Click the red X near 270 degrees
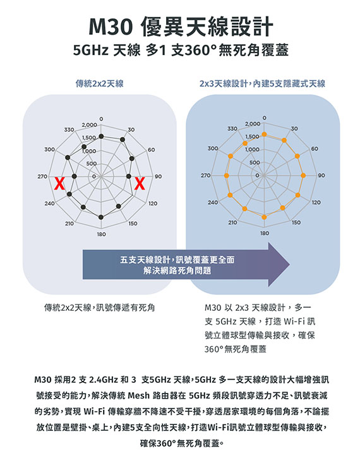coord(59,183)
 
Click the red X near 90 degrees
coord(140,183)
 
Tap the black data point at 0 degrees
coord(101,136)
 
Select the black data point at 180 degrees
coord(101,217)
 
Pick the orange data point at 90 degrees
coord(303,176)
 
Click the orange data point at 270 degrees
coord(226,176)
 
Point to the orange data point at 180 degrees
coord(264,217)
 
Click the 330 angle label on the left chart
coord(69,130)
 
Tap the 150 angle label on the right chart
coord(296,222)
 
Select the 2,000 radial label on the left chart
coord(89,124)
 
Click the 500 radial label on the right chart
coord(255,162)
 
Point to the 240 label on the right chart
coord(213,202)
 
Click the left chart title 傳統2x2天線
coord(100,83)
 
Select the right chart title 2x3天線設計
coord(224,83)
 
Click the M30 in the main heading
coord(111,27)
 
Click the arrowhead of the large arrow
coord(279,265)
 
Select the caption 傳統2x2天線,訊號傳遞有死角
coord(100,307)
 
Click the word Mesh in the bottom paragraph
coord(138,395)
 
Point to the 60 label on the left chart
coord(152,150)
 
